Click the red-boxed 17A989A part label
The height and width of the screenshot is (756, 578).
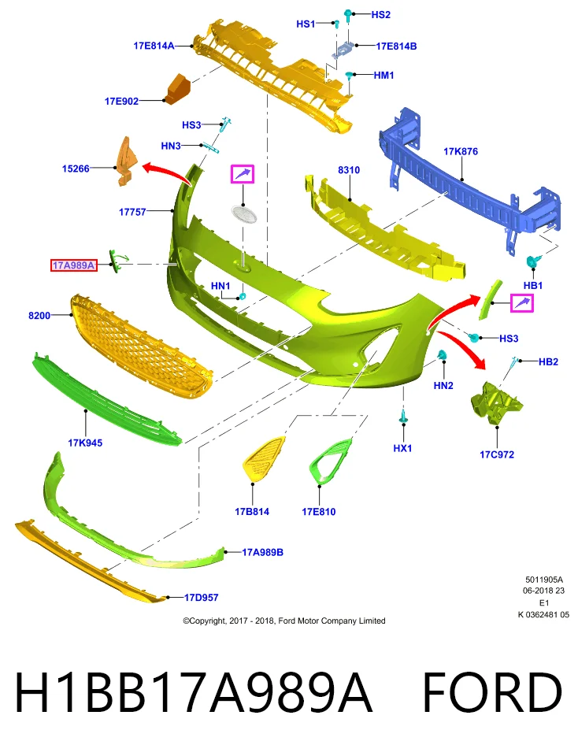click(x=74, y=265)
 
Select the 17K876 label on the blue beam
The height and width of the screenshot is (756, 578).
click(x=461, y=151)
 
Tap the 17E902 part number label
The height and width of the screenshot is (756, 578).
click(x=121, y=102)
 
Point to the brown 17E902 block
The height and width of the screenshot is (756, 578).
click(x=177, y=89)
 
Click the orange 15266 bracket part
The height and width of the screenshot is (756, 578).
click(x=126, y=161)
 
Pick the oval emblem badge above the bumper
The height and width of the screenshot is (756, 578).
click(x=243, y=213)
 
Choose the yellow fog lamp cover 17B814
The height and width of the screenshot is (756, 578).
click(x=263, y=458)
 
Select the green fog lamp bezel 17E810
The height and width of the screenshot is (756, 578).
click(x=330, y=461)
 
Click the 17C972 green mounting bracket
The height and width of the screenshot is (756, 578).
click(x=496, y=403)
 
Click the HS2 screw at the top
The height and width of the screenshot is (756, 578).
click(x=348, y=15)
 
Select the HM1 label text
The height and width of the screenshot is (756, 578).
click(x=383, y=76)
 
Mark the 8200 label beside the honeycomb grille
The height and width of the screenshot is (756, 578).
click(x=39, y=315)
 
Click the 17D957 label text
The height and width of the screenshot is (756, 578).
click(x=201, y=598)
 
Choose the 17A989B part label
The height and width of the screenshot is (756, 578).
click(x=262, y=552)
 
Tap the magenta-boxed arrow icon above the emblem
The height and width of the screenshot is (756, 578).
click(x=243, y=174)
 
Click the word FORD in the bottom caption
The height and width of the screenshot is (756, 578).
click(x=492, y=692)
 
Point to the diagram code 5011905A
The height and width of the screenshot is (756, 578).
click(x=544, y=580)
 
